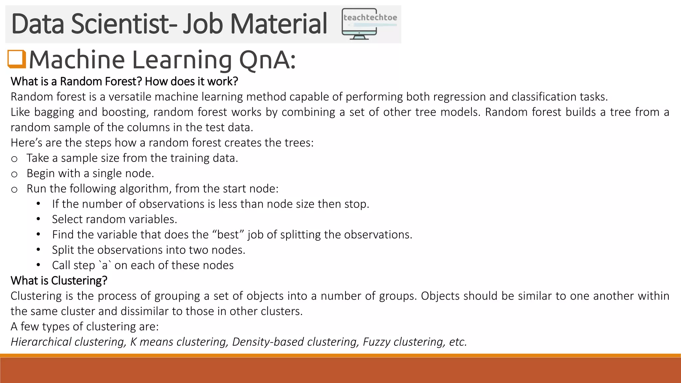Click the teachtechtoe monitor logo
click(x=369, y=24)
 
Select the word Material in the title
click(x=278, y=24)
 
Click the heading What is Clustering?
click(x=59, y=281)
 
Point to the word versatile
click(x=130, y=97)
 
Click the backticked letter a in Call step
click(x=105, y=265)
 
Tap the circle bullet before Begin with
click(x=14, y=174)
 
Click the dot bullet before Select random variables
click(x=38, y=219)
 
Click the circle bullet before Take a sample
click(x=14, y=159)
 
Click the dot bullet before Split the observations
click(x=38, y=250)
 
